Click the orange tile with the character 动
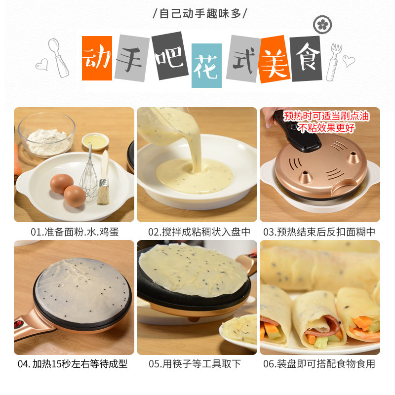[x=97, y=58]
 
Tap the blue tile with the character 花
[x=206, y=66]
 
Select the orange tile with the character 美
[x=275, y=59]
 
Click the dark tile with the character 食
[x=306, y=59]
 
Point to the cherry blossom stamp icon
[x=322, y=25]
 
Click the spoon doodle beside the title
[x=58, y=58]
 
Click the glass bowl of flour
[x=46, y=135]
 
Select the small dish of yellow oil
[x=95, y=141]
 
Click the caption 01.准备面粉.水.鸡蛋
[x=75, y=232]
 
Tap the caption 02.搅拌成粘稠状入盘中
[x=199, y=232]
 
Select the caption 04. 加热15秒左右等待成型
[x=73, y=364]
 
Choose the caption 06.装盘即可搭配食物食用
[x=319, y=364]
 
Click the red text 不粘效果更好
[x=326, y=128]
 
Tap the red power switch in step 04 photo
[x=17, y=324]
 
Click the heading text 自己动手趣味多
[x=200, y=14]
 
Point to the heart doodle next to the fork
[x=349, y=61]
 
